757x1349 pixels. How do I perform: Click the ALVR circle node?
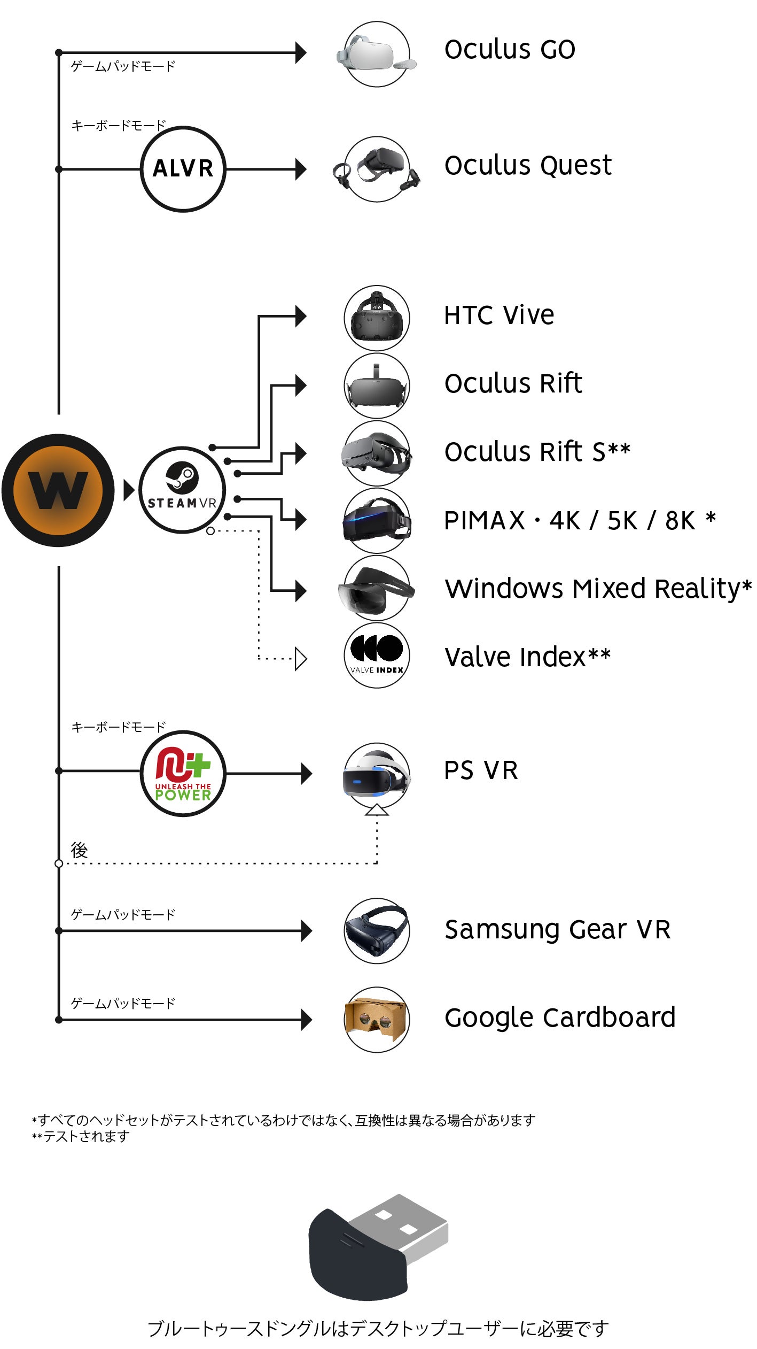click(183, 169)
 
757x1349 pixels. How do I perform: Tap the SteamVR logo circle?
click(182, 490)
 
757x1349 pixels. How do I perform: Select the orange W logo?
click(58, 490)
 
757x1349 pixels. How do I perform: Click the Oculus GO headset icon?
click(377, 54)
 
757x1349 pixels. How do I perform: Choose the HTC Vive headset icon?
click(377, 318)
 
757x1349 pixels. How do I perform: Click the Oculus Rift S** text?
click(537, 451)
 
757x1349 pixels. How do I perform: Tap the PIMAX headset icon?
click(377, 520)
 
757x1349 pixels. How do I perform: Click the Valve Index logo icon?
click(377, 655)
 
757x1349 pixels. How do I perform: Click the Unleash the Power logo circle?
click(183, 773)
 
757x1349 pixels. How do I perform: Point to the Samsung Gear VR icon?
click(377, 930)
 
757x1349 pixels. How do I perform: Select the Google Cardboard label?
click(560, 1017)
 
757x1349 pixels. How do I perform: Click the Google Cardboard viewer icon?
click(377, 1019)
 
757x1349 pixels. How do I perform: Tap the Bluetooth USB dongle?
click(378, 1247)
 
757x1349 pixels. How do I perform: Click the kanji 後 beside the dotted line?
click(79, 850)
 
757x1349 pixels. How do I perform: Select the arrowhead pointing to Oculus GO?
click(301, 53)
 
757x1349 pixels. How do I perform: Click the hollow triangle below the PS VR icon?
click(377, 811)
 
